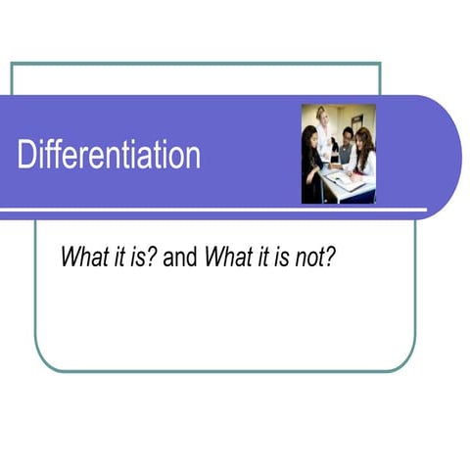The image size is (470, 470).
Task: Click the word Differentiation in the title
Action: pos(109,155)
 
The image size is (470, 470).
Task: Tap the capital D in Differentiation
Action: pos(27,155)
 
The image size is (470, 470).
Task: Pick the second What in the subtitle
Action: pos(227,258)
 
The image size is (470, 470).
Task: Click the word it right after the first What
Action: pos(116,258)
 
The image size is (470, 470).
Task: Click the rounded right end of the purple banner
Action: pos(446,157)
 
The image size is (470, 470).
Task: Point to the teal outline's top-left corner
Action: pos(12,65)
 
